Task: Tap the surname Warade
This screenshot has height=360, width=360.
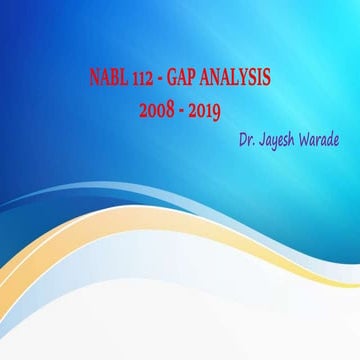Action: (x=320, y=134)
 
